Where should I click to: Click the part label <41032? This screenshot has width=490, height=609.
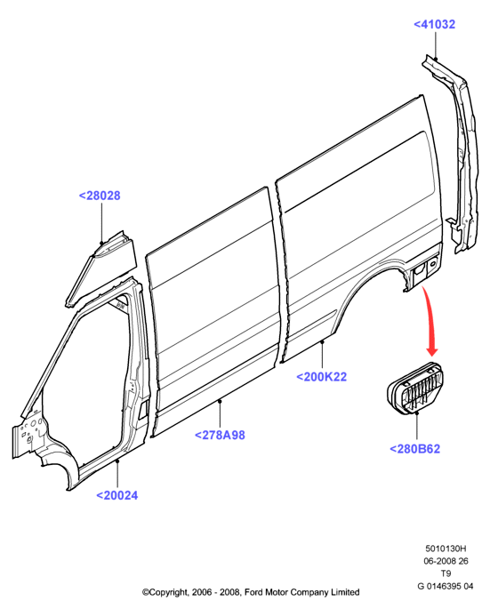434,25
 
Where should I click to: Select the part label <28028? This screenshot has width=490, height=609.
100,196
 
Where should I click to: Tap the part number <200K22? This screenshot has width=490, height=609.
321,377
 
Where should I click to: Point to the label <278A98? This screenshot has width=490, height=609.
220,435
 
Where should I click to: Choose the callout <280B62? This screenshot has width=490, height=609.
414,449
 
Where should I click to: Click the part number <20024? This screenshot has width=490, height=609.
117,495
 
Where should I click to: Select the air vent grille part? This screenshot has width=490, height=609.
415,389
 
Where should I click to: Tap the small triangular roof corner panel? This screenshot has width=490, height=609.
101,268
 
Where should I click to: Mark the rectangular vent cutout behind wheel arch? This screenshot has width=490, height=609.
419,270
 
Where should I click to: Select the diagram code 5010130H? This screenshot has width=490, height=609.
446,549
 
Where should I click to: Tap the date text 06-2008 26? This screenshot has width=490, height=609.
446,561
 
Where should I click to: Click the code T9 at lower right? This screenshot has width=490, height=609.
446,573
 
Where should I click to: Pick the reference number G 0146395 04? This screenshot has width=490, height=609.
446,586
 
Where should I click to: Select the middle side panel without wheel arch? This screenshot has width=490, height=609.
214,310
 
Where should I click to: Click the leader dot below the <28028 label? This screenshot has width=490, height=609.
101,243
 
